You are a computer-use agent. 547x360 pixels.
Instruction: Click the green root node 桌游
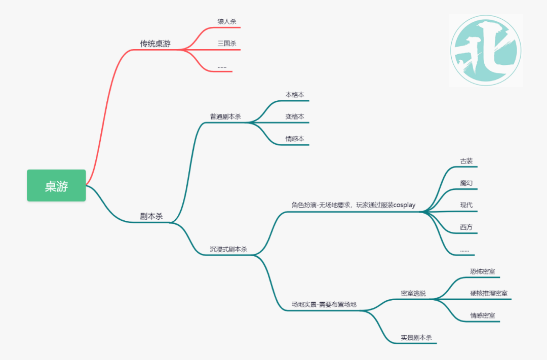pos(56,185)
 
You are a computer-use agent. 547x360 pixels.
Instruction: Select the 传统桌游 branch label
pos(155,44)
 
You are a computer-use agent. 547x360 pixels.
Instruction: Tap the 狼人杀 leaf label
pos(227,22)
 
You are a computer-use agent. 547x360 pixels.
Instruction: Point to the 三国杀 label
pos(227,44)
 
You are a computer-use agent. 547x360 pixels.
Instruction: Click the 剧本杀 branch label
pos(151,216)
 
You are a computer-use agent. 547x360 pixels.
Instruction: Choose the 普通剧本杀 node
pos(225,116)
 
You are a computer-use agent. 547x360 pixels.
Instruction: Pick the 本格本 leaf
pos(295,95)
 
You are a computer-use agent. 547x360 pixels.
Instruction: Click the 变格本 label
pos(295,116)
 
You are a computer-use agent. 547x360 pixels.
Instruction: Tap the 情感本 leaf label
pos(295,139)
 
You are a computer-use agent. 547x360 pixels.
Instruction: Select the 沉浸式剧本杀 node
pos(228,250)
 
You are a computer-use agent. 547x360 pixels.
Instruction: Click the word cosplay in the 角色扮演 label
pos(404,205)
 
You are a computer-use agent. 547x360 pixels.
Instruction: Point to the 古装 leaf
pos(466,161)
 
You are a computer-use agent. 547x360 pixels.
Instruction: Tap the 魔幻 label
pos(466,183)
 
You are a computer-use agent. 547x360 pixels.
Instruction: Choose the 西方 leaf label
pos(466,227)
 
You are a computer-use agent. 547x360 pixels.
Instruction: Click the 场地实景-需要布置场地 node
pos(324,304)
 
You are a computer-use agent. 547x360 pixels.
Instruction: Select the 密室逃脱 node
pos(413,293)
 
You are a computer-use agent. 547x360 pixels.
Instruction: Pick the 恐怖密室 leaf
pos(483,271)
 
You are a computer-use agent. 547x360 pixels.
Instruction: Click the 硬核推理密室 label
pos(489,293)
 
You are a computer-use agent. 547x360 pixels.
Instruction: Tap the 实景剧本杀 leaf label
pos(416,338)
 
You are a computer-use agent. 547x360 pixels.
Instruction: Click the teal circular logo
pos(486,50)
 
